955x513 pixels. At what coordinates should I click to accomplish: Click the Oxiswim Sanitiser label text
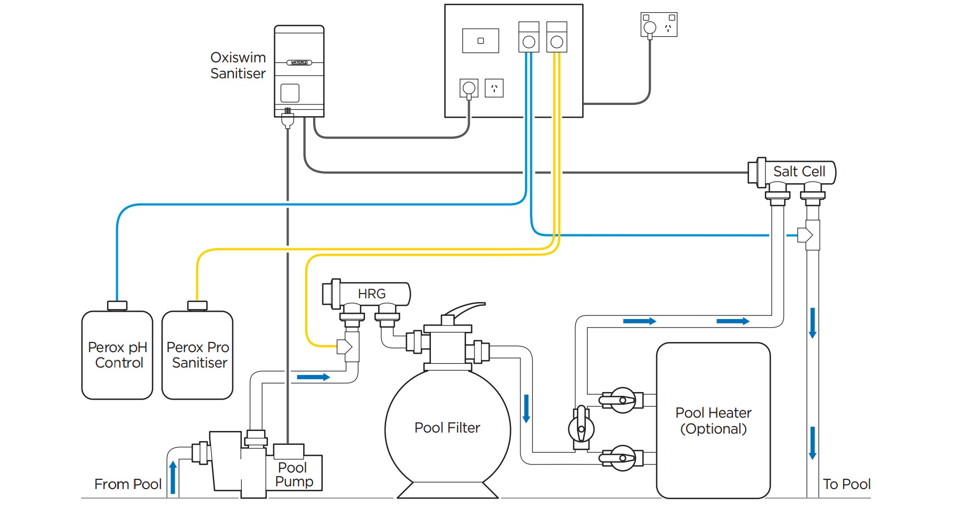(238, 66)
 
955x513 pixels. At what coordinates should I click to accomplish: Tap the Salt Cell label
(798, 172)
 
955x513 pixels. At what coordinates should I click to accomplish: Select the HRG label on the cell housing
(371, 294)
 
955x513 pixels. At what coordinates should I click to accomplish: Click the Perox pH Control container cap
(117, 305)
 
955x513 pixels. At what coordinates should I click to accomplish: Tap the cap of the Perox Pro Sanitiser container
(197, 305)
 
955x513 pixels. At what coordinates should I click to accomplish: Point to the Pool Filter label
(447, 428)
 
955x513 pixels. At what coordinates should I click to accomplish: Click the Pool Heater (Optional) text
(713, 420)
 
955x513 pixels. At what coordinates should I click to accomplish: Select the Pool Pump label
(293, 475)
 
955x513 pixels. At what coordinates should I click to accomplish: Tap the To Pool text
(846, 484)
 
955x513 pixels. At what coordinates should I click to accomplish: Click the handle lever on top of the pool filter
(466, 309)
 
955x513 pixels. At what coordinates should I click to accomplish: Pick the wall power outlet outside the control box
(659, 25)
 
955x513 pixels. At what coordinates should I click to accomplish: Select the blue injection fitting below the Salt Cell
(806, 235)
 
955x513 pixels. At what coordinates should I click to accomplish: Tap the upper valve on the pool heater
(622, 400)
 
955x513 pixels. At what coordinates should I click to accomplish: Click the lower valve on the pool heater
(622, 458)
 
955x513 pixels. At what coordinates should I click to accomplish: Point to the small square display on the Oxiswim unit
(290, 93)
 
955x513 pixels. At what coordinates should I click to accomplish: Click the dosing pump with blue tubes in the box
(528, 37)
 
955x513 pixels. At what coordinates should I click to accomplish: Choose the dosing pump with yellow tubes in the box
(557, 37)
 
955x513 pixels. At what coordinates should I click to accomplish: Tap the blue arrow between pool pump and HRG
(313, 377)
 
